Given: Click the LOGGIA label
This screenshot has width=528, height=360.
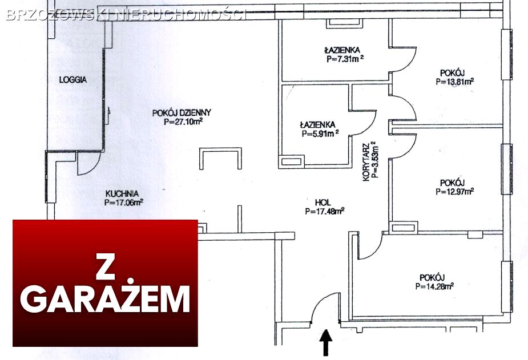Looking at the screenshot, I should point(72,80).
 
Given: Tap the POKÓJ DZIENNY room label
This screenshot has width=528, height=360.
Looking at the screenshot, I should point(182,112).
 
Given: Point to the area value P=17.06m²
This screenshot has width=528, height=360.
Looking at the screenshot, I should point(123,201).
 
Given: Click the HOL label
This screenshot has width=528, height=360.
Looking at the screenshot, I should point(323,202).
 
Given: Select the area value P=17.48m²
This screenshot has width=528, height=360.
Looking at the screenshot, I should point(324,211).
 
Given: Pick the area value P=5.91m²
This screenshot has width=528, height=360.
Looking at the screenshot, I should point(320,134).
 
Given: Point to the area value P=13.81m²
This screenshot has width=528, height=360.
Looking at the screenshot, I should point(454,81).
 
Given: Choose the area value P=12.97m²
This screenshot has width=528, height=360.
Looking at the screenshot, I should point(454,191).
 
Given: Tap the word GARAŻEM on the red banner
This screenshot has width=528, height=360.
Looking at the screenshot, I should point(106,299).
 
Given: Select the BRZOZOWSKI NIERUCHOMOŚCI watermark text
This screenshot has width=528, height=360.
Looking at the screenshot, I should point(126,15).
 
